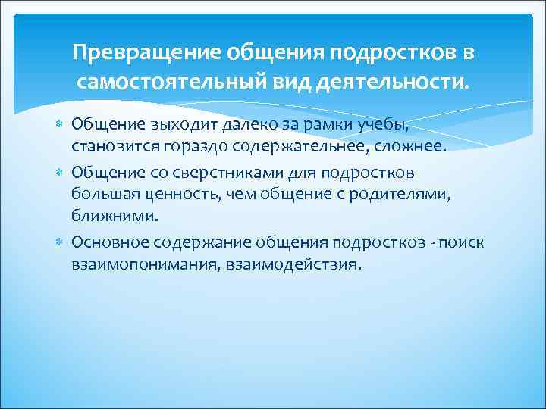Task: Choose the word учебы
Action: [x=355, y=124]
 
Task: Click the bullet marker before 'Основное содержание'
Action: [x=60, y=242]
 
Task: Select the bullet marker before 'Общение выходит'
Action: [x=60, y=123]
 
